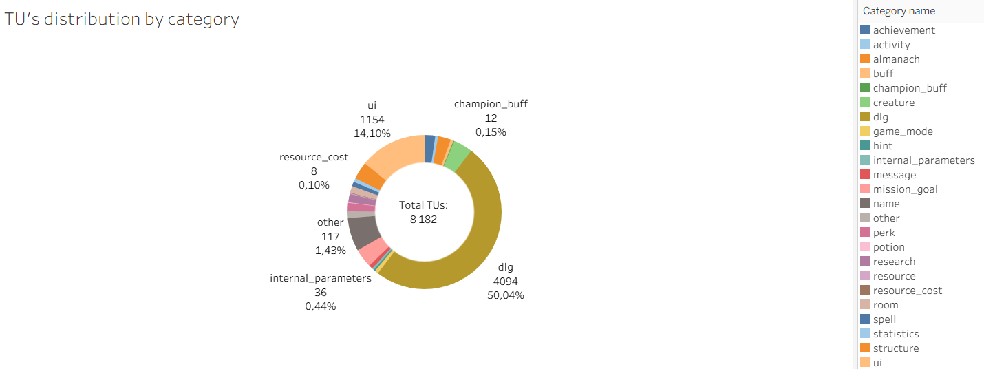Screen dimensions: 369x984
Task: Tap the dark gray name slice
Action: (x=363, y=232)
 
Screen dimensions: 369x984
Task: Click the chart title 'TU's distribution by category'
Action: (x=122, y=19)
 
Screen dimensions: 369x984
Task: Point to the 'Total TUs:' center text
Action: (x=424, y=205)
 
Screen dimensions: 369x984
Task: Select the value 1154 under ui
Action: (x=372, y=120)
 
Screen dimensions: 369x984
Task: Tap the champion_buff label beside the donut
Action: (x=491, y=104)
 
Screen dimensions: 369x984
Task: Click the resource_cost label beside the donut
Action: (x=314, y=157)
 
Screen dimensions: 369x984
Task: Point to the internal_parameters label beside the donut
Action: (x=321, y=278)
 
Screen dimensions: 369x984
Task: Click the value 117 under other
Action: (x=330, y=237)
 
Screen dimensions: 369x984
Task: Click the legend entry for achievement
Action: (x=903, y=30)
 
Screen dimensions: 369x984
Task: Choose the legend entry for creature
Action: (x=893, y=103)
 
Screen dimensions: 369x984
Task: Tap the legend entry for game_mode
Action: (x=903, y=131)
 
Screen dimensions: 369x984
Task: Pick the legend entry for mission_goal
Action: (x=905, y=189)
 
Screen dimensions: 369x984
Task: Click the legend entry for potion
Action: (x=888, y=247)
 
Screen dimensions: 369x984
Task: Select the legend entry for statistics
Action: (x=895, y=334)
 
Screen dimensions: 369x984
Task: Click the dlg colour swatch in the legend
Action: (x=865, y=117)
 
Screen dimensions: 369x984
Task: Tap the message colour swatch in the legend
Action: (x=865, y=175)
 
